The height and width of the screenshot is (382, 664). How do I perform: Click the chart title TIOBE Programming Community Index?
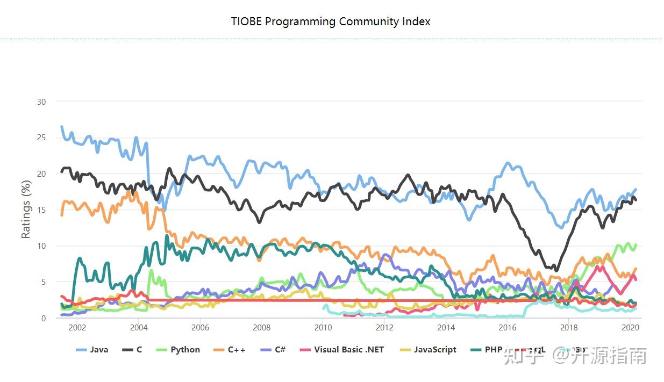tap(331, 21)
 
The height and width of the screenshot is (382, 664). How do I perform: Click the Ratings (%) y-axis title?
tap(26, 210)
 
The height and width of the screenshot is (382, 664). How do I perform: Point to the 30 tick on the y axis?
tap(41, 102)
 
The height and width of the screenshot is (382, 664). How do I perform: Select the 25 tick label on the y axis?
tap(41, 138)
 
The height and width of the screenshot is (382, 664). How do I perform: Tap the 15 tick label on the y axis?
tap(41, 210)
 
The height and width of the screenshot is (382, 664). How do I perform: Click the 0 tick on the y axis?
tap(44, 318)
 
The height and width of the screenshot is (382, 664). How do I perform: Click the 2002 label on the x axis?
tap(77, 328)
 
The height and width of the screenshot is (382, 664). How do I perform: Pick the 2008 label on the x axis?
tap(262, 328)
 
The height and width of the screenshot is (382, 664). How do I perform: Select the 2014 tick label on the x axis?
tap(446, 328)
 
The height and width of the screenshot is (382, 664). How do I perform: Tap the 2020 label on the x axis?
tap(630, 328)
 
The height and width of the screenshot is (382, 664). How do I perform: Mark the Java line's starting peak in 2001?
tap(62, 127)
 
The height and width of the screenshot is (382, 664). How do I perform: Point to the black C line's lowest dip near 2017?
tap(556, 270)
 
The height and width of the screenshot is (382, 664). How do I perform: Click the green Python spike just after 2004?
tap(151, 271)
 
